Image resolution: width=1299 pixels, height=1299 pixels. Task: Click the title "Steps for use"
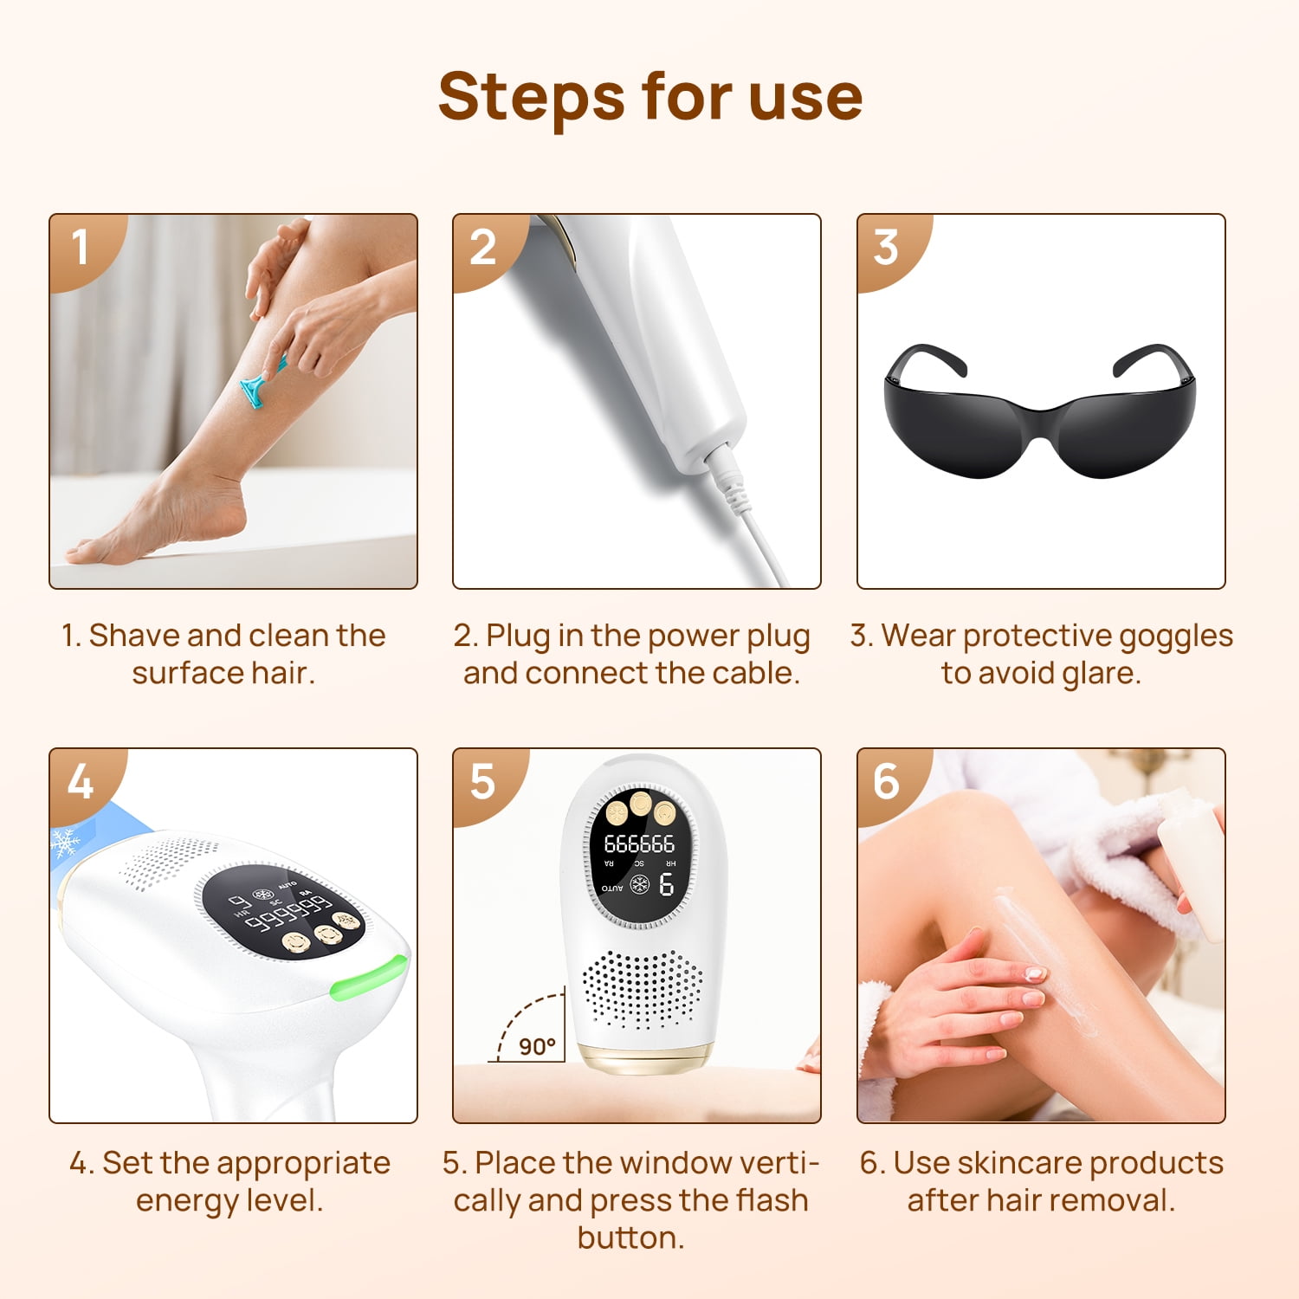click(x=650, y=97)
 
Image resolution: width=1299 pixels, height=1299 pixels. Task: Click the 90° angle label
click(x=537, y=1046)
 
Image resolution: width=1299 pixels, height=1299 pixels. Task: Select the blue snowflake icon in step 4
click(x=66, y=843)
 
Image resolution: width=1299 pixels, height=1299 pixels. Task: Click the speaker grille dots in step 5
click(x=642, y=988)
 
